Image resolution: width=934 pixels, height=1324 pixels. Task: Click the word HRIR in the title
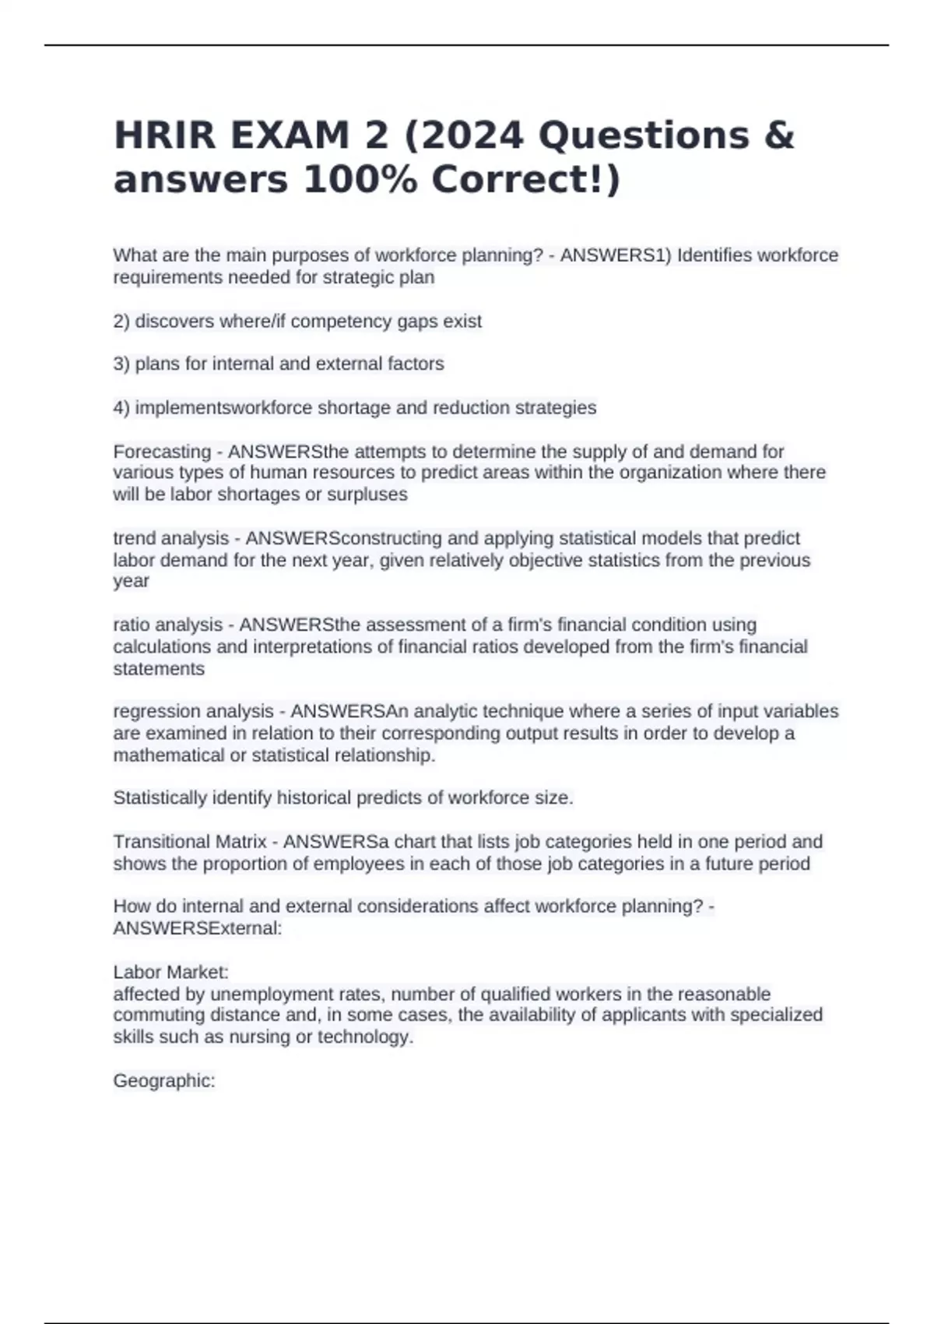click(164, 136)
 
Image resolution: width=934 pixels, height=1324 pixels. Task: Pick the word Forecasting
click(162, 452)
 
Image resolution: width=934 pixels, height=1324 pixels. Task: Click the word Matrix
click(241, 842)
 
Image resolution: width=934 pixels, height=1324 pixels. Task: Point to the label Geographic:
click(164, 1081)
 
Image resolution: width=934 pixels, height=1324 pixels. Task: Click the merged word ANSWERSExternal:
click(198, 928)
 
